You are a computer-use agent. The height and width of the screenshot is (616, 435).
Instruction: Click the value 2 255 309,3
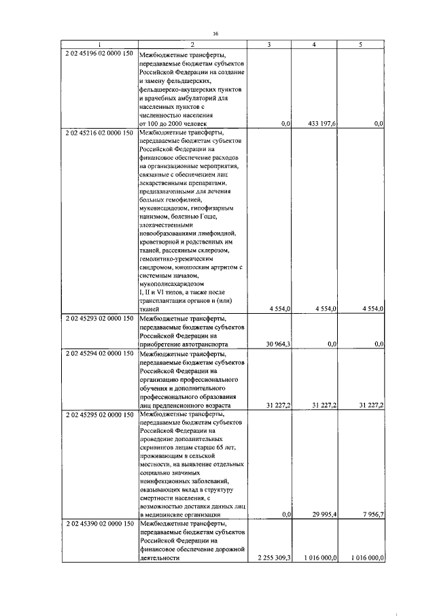pyautogui.click(x=271, y=557)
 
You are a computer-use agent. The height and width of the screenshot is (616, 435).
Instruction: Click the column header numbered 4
pyautogui.click(x=313, y=44)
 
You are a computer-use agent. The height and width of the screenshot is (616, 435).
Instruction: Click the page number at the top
pyautogui.click(x=216, y=32)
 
